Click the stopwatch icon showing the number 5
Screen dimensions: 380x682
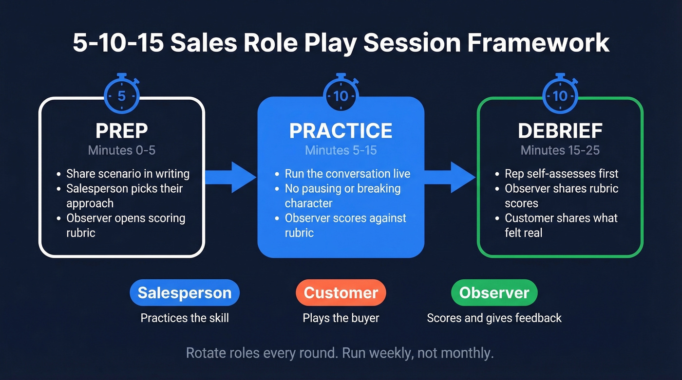click(x=122, y=95)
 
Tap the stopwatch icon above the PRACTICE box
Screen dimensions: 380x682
click(x=341, y=95)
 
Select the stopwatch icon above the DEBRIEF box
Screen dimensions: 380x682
click(x=560, y=95)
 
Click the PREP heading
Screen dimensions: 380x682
click(x=122, y=130)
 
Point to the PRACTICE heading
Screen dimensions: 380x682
click(x=341, y=130)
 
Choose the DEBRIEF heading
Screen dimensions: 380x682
click(x=560, y=130)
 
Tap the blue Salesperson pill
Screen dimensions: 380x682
click(x=185, y=293)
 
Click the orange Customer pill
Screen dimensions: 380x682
click(x=341, y=293)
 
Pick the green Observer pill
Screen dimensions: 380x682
click(x=494, y=293)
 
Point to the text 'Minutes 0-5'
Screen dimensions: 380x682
click(x=122, y=150)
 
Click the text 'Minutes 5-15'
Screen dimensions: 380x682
click(x=341, y=150)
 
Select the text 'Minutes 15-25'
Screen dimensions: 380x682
click(x=560, y=150)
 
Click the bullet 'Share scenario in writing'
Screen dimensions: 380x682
click(x=128, y=174)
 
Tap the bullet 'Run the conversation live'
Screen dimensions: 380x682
click(x=347, y=174)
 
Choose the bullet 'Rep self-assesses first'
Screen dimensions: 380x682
click(x=561, y=174)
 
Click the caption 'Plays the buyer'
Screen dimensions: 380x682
click(x=341, y=318)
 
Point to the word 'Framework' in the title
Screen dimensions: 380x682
click(x=538, y=43)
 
